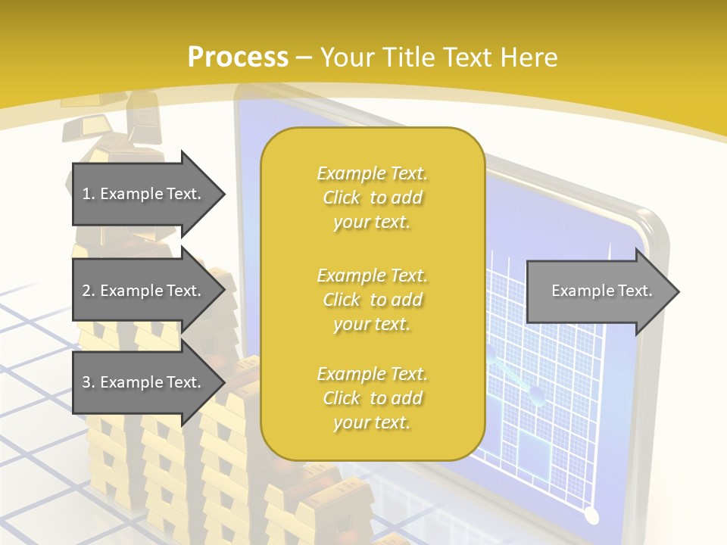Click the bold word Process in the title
[x=238, y=58]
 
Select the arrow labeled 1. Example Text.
[x=144, y=194]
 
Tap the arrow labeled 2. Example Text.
[x=144, y=291]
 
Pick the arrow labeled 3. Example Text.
[x=144, y=382]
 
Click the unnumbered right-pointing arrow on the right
[x=598, y=291]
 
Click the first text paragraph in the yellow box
[x=373, y=198]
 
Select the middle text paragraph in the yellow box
[x=373, y=299]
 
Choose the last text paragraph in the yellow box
[x=373, y=398]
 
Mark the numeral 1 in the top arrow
[x=86, y=194]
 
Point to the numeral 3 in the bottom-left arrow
[x=86, y=382]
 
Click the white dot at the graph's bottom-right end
[x=591, y=516]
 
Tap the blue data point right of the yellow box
[x=536, y=392]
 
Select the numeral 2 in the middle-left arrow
[x=86, y=291]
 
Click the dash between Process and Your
[x=304, y=58]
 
